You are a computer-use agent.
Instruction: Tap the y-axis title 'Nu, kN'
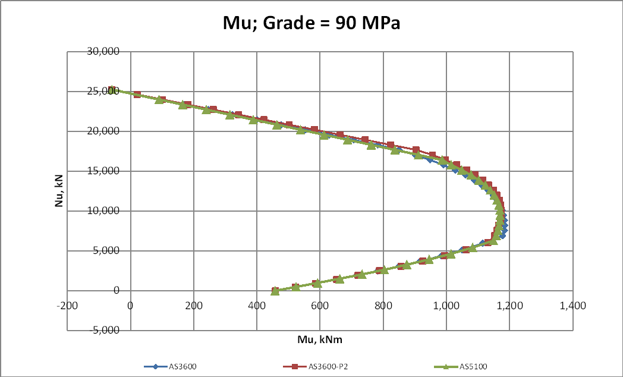58,190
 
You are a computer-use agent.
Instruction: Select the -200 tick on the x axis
69,306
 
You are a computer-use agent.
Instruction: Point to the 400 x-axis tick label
257,306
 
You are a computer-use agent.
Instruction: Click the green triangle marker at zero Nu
275,291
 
